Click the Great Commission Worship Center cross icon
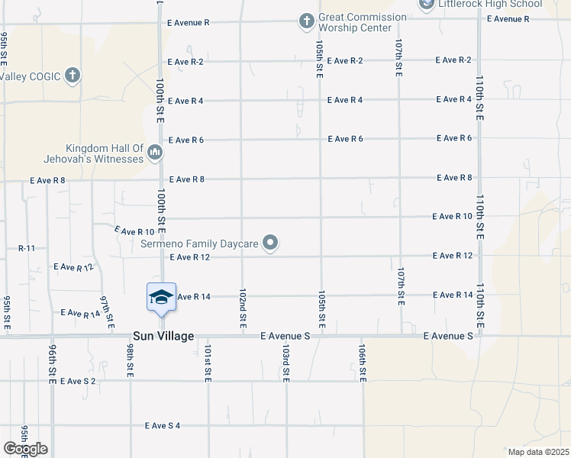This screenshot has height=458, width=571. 306,21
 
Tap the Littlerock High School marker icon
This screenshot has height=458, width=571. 425,5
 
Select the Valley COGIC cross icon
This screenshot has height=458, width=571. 73,76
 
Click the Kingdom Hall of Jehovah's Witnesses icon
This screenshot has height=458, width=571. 155,153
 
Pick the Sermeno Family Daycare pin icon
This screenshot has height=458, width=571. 269,244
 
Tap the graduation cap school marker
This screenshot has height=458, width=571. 161,297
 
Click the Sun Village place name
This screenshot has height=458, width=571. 163,336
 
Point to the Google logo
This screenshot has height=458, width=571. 25,449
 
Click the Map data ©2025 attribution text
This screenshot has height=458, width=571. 538,452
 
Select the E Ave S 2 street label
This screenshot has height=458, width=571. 79,381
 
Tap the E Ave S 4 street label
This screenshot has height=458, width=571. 163,425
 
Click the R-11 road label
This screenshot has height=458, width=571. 27,248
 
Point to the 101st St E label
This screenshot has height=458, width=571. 208,363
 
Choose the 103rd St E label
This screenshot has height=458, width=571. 285,363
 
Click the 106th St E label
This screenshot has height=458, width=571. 363,363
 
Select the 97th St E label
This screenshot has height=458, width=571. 108,308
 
